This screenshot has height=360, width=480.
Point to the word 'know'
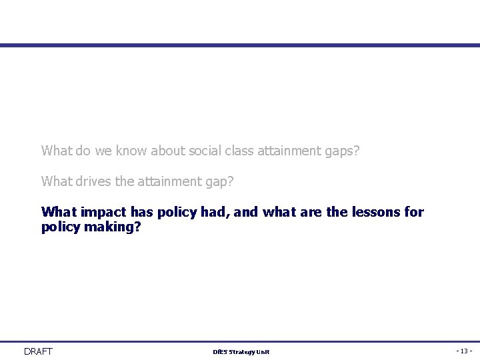[x=131, y=151]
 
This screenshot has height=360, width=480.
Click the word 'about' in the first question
[x=167, y=151]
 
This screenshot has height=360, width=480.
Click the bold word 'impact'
[x=104, y=213]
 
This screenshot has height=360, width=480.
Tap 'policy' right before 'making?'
[x=61, y=227]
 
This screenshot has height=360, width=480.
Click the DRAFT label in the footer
[x=38, y=351]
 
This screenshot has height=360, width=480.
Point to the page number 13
[x=464, y=351]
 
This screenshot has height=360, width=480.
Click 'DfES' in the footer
[x=220, y=352]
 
